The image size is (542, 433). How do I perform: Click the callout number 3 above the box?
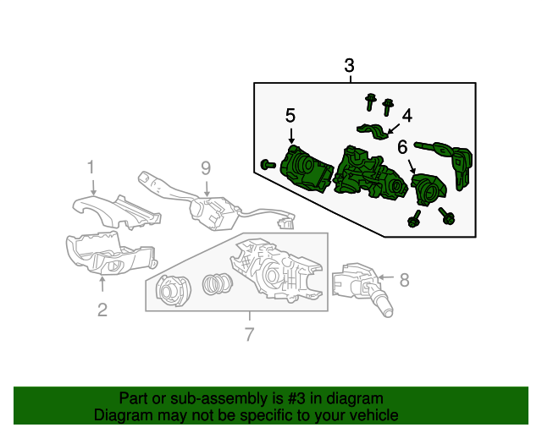coord(350,65)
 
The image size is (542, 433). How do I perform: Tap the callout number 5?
coord(290,115)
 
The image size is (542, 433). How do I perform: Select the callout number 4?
coord(406,115)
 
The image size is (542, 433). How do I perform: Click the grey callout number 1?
coord(91,167)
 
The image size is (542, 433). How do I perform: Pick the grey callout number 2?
coord(102,310)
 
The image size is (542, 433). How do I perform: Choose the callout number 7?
coord(249,335)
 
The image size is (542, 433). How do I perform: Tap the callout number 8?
coord(404,278)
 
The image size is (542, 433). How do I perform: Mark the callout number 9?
coord(205,167)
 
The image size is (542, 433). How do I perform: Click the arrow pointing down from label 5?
coord(290,135)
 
